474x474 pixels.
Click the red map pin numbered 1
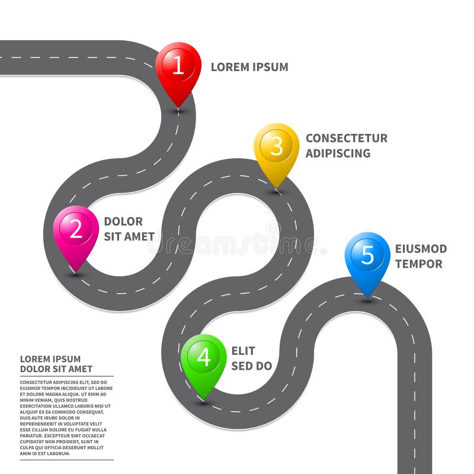tap(178, 68)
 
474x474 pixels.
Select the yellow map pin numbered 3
tap(277, 149)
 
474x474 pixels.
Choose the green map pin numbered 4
tap(204, 360)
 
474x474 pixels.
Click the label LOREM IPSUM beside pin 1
tap(249, 67)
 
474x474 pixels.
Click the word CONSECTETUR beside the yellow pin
tap(347, 138)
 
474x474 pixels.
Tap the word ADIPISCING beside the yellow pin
tap(338, 153)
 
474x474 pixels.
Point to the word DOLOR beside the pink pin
tap(123, 222)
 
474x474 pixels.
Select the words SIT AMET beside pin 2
tap(129, 236)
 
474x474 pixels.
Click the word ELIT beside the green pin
tap(243, 351)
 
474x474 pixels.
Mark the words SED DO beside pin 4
tap(251, 366)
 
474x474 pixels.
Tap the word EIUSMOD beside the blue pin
tap(421, 249)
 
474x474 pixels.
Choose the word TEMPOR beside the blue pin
tap(418, 264)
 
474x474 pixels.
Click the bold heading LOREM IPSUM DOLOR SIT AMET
tap(56, 364)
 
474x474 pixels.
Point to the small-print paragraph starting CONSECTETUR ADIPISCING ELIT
tap(66, 418)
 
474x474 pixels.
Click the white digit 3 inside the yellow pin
tap(277, 146)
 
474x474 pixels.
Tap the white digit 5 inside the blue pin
tap(367, 255)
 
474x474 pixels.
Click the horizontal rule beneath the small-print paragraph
tap(66, 460)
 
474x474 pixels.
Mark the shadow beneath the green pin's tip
tap(204, 403)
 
